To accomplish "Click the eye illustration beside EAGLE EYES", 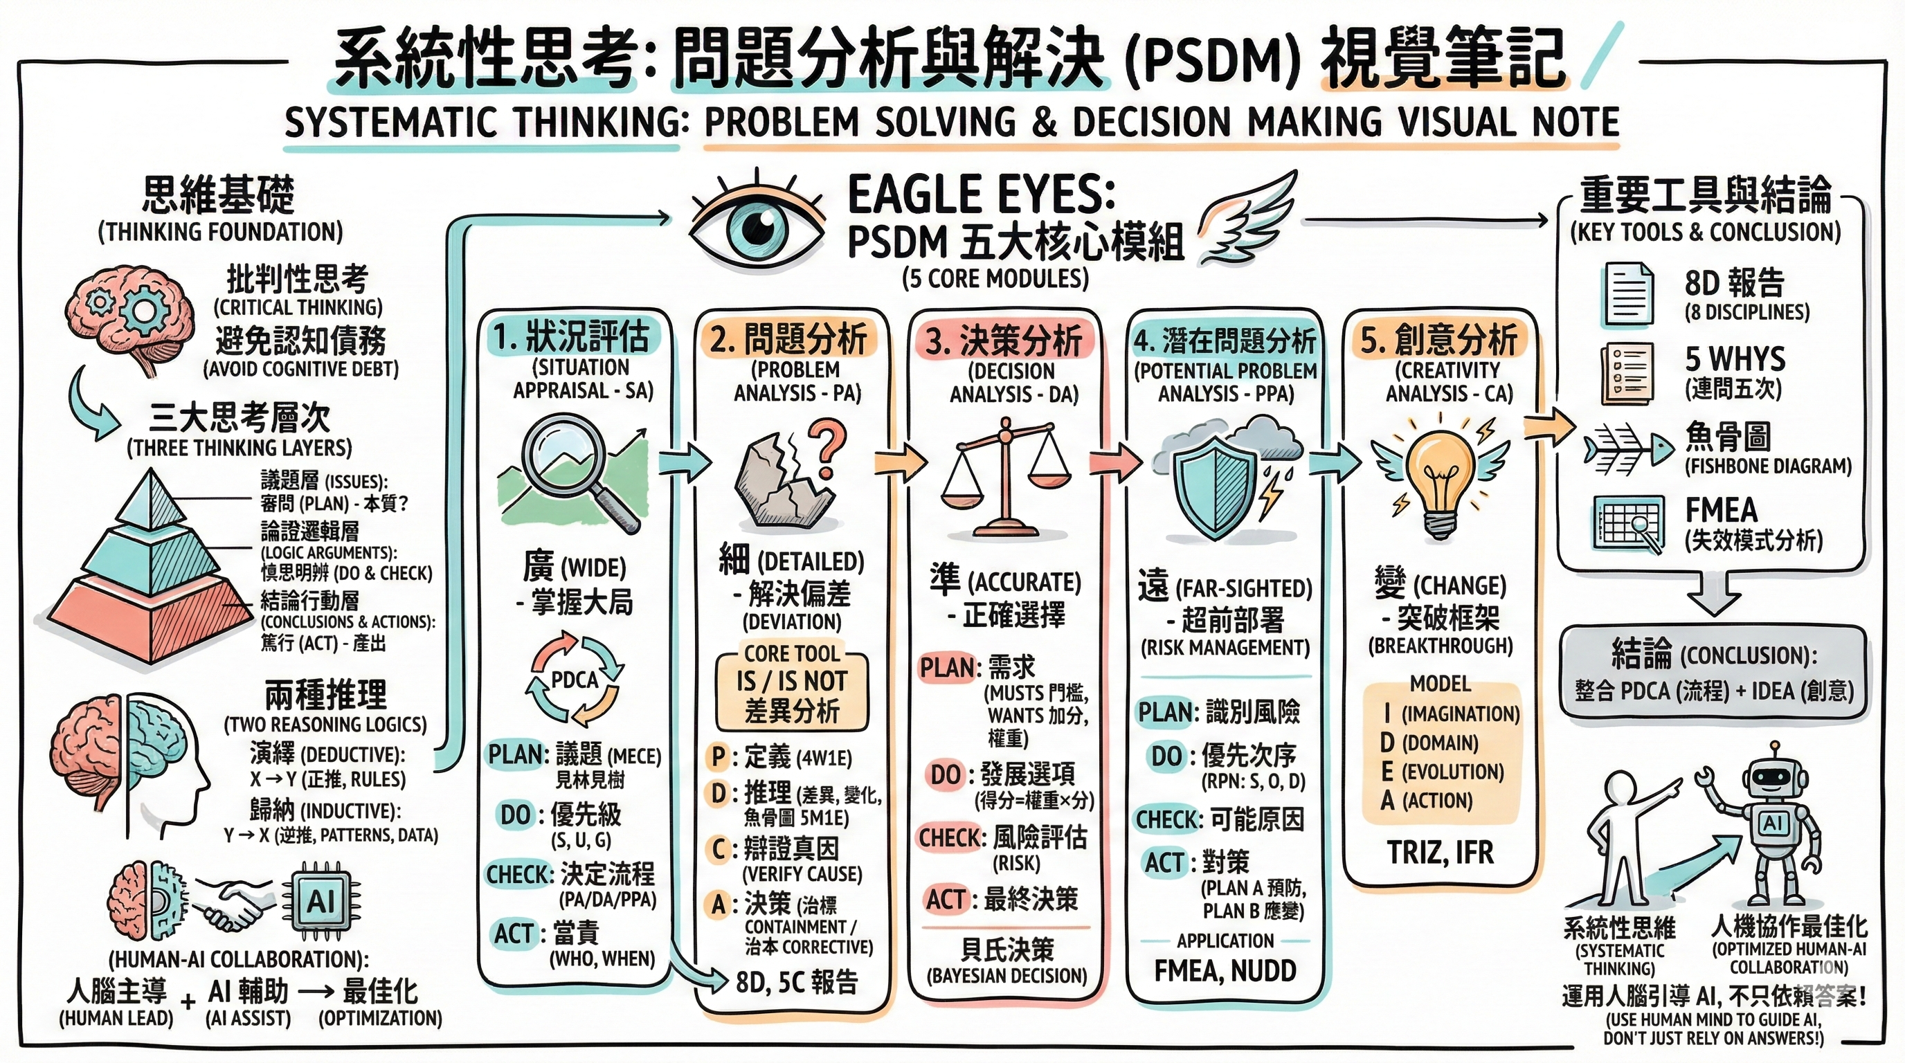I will click(x=756, y=224).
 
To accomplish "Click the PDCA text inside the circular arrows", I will click(x=575, y=679).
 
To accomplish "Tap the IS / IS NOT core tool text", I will click(x=791, y=680).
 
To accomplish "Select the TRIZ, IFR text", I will click(x=1440, y=853).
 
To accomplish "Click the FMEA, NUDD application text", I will click(x=1225, y=970).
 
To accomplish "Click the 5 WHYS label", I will click(x=1734, y=359).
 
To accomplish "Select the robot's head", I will click(x=1773, y=779).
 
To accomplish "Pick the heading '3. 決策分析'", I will click(x=1004, y=340).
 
